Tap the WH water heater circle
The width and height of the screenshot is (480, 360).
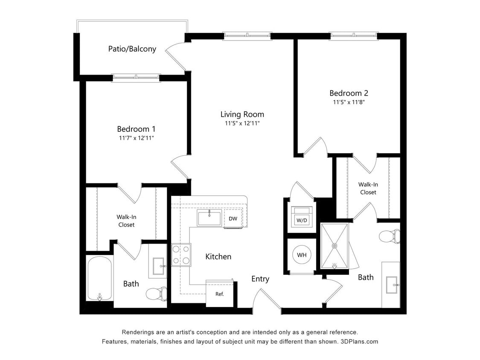coord(302,255)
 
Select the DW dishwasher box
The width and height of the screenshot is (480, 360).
coord(233,219)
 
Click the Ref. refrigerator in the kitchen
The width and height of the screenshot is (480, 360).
coord(220,293)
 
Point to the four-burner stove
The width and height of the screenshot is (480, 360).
coord(181,255)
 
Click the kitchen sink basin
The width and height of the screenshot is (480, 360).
coord(209,218)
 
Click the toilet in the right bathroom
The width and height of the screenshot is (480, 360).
coord(389,236)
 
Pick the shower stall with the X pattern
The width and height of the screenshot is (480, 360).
coord(335,246)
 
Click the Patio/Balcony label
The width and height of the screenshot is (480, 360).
coord(132,49)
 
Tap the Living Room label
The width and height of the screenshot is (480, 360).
coord(242,114)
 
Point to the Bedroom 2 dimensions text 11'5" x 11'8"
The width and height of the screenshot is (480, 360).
coord(349,102)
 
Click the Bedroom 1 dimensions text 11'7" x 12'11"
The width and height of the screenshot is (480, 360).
coord(136,138)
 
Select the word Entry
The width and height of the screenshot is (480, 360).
coord(260,279)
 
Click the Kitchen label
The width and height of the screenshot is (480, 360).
coord(218,256)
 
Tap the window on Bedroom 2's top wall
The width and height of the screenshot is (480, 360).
coord(353,36)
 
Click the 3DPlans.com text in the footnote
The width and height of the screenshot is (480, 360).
coord(359,342)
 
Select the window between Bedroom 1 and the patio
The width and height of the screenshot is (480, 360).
coord(136,78)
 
